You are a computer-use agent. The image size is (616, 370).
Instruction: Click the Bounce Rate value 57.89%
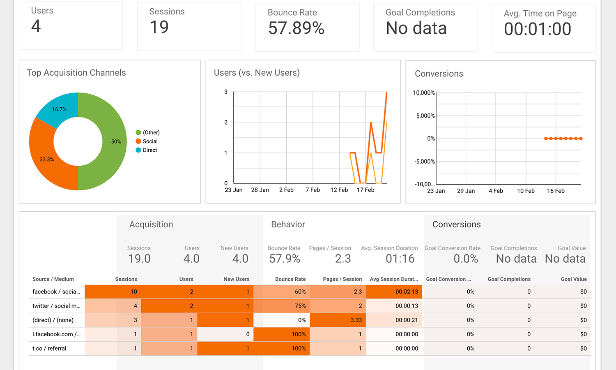(296, 28)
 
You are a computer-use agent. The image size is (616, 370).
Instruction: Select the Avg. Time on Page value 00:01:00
(537, 29)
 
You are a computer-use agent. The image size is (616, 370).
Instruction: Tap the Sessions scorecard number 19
(159, 28)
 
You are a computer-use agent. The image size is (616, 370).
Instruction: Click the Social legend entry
(150, 141)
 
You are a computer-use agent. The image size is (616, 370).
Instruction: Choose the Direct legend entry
(149, 150)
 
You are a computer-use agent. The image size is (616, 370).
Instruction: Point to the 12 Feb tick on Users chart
(339, 190)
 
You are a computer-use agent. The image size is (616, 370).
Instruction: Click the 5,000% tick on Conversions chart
(425, 116)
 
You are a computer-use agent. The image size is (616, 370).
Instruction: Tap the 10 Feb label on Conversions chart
(526, 191)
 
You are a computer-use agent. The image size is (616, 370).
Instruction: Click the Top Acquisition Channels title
(76, 73)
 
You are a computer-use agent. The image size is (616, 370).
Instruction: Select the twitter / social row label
(56, 306)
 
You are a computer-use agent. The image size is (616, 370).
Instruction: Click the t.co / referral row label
(49, 348)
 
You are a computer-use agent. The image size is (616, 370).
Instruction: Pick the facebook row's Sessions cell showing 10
(134, 291)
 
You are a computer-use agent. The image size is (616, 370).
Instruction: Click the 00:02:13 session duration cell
(407, 291)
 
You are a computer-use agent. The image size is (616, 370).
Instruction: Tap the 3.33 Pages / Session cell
(356, 320)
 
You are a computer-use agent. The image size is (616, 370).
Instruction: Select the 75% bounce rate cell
(300, 306)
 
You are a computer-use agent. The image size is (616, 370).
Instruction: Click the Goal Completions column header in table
(509, 279)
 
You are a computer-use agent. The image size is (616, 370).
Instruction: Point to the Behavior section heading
(288, 224)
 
